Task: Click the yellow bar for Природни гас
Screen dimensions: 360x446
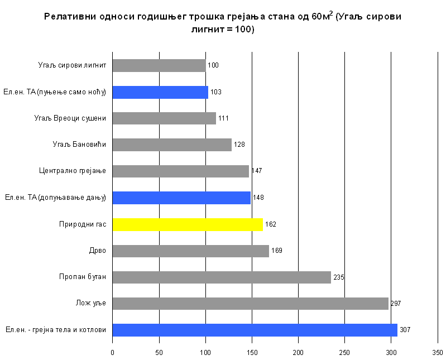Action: pyautogui.click(x=188, y=224)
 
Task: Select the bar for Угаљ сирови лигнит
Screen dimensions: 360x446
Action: pyautogui.click(x=159, y=65)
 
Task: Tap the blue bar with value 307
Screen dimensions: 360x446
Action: pyautogui.click(x=255, y=330)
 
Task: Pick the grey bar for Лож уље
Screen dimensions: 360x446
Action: pyautogui.click(x=250, y=304)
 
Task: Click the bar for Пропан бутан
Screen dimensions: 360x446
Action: pyautogui.click(x=222, y=277)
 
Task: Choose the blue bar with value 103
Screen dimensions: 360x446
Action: pyautogui.click(x=160, y=92)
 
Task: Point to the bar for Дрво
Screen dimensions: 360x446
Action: pyautogui.click(x=190, y=251)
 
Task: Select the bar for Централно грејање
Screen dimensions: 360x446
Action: pyautogui.click(x=180, y=171)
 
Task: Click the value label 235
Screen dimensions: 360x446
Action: pyautogui.click(x=339, y=277)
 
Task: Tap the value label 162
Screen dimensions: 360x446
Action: pyautogui.click(x=271, y=224)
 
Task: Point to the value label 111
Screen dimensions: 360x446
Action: pyautogui.click(x=223, y=118)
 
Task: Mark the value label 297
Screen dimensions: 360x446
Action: pyautogui.click(x=396, y=304)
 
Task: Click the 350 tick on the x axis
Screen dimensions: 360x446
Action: pyautogui.click(x=438, y=353)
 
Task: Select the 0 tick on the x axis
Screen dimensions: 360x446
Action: pyautogui.click(x=112, y=353)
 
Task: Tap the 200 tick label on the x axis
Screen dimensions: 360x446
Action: pyautogui.click(x=298, y=353)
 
